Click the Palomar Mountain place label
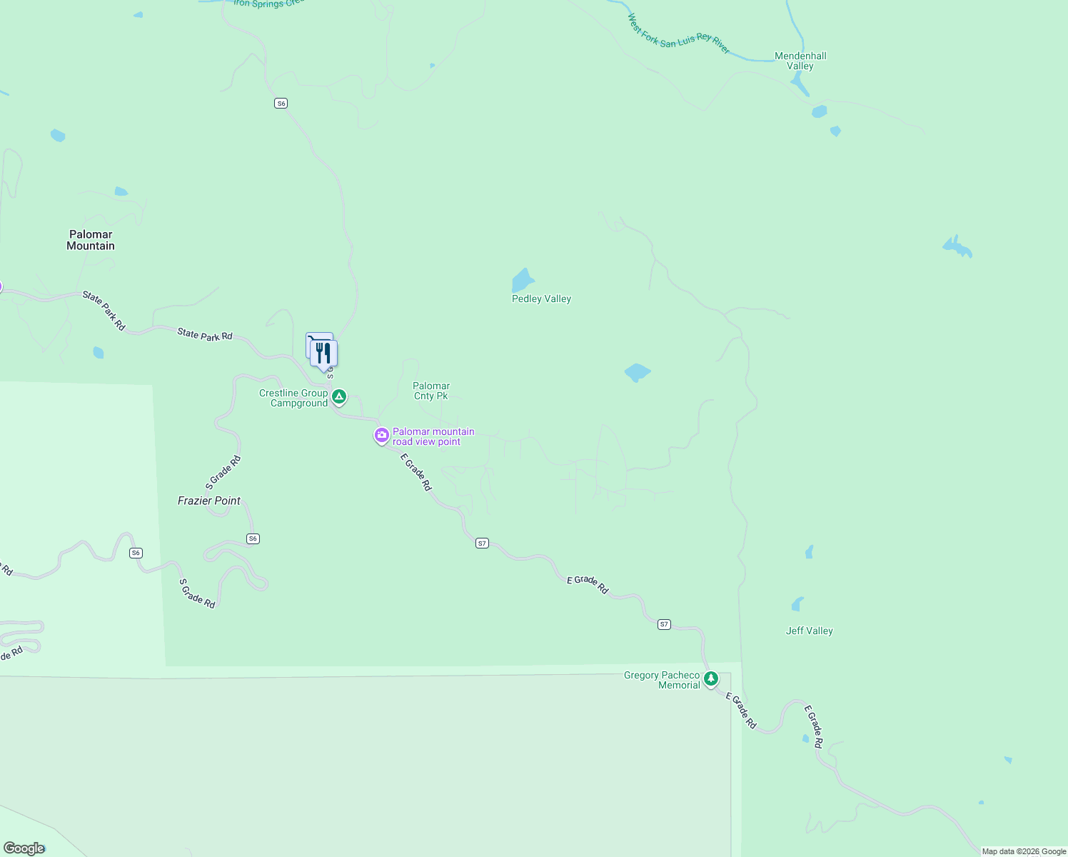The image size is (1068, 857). [91, 240]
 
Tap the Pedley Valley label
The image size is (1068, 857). [541, 299]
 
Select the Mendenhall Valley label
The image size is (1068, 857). [800, 61]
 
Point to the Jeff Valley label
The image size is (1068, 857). [809, 631]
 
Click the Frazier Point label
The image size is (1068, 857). [209, 501]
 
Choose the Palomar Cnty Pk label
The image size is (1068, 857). [431, 391]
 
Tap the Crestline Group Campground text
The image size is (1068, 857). [293, 399]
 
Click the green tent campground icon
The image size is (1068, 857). [339, 396]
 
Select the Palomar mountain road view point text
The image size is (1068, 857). [433, 436]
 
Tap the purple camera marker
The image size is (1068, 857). [382, 435]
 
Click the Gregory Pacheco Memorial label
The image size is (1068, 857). [662, 680]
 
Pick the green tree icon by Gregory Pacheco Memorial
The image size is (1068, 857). [710, 678]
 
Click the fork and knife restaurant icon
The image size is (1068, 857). [324, 354]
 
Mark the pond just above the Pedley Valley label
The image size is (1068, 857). [523, 280]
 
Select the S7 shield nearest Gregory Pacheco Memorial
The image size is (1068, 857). [664, 624]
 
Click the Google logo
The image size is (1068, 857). [24, 848]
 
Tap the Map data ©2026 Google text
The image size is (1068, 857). [1024, 851]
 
